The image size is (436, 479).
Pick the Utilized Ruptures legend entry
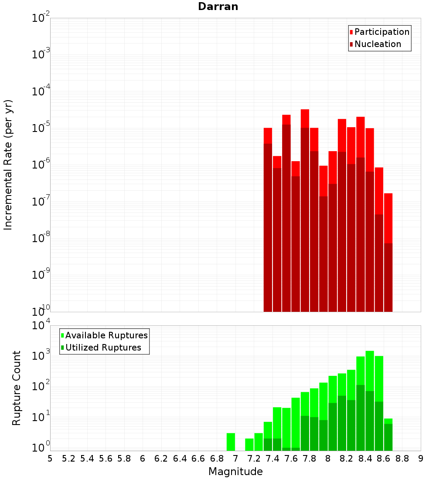103,347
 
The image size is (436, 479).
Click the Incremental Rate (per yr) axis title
8,165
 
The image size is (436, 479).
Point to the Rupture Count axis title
17,388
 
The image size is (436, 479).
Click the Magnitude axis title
235,472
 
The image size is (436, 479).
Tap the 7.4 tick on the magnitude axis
272,459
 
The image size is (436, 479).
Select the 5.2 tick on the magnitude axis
68,459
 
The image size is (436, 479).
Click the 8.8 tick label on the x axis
402,459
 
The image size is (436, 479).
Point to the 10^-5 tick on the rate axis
41,128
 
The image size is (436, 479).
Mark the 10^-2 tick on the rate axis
41,18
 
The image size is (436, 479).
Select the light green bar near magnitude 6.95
231,442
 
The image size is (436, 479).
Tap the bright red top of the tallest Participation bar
305,118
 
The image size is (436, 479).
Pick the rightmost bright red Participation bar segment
388,218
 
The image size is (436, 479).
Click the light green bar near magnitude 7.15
249,445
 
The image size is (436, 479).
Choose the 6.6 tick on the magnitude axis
198,459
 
